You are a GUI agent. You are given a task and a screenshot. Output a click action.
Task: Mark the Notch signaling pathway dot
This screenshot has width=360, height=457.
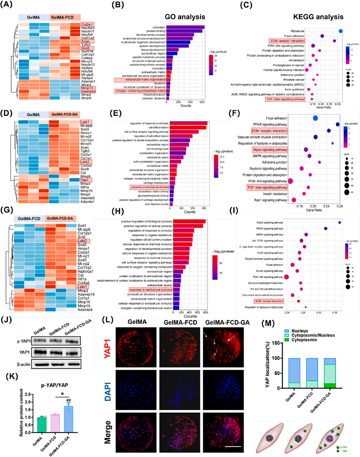(x=340, y=223)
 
